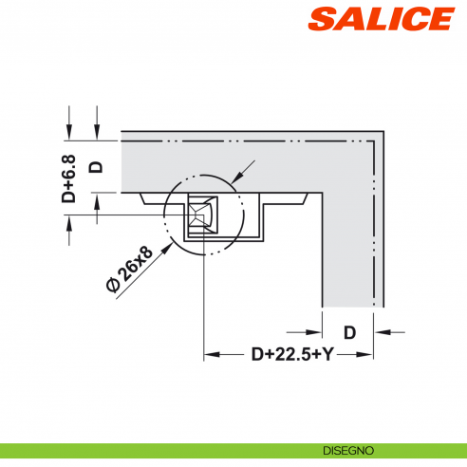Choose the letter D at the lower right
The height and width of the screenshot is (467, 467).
coord(349,332)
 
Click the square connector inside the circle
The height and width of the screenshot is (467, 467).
coord(202,213)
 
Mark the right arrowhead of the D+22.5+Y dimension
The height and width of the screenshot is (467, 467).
coord(366,355)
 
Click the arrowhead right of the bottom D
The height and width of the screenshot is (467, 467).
coord(382,332)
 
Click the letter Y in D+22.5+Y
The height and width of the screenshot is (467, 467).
coord(329,355)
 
